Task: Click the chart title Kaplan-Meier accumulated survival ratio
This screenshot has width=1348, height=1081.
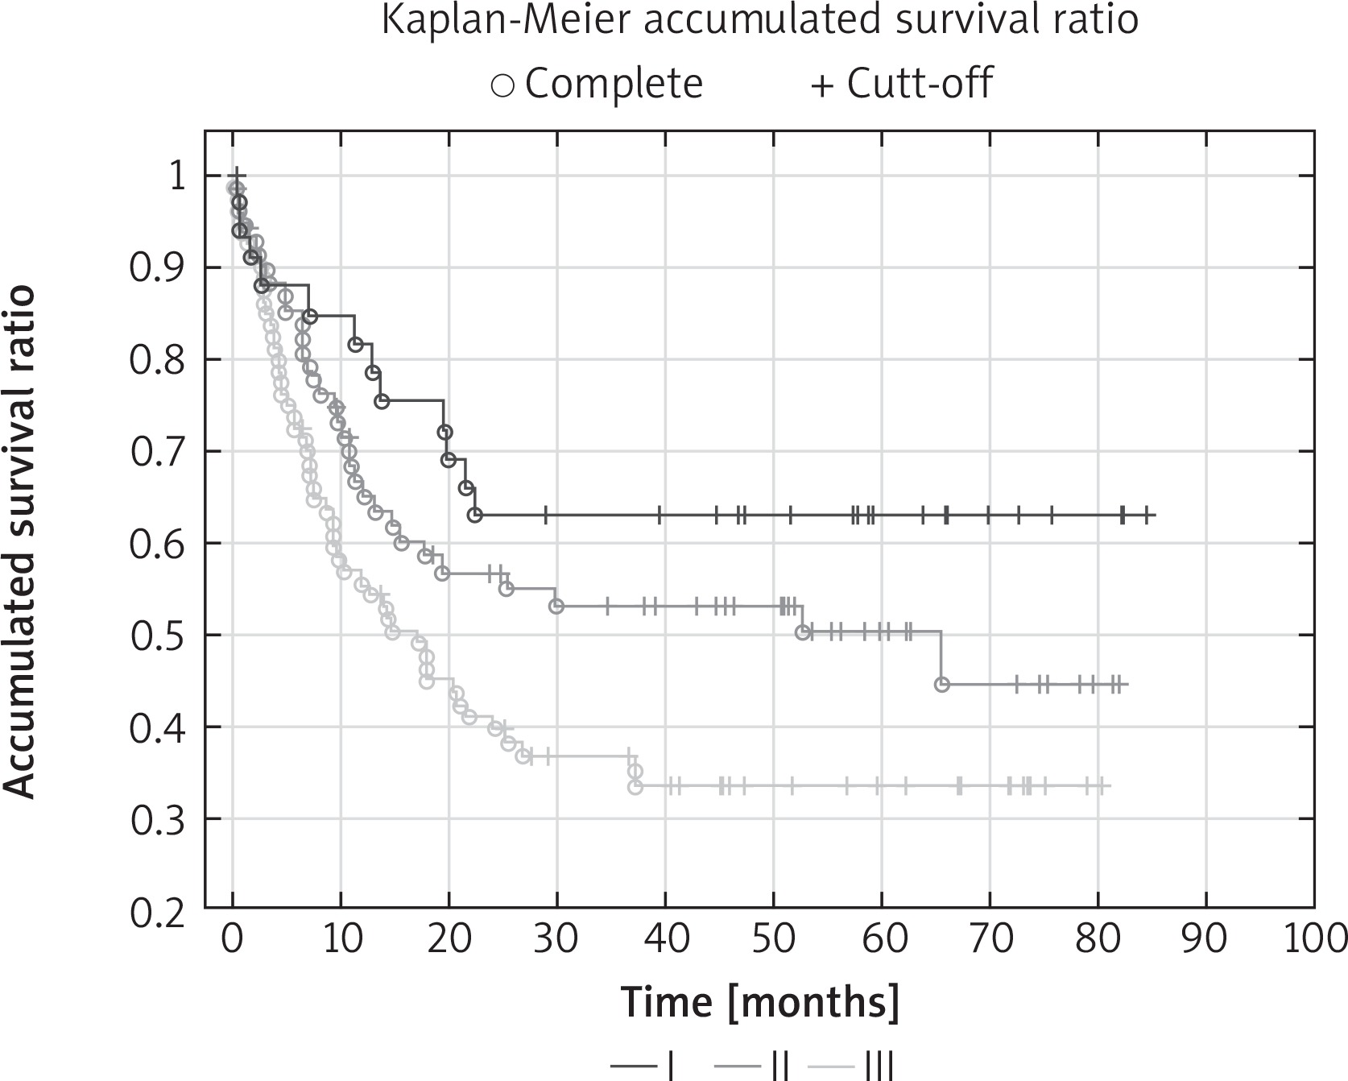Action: tap(759, 21)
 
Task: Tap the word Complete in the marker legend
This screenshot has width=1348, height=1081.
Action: tap(614, 83)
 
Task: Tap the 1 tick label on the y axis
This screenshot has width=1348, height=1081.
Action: tap(176, 176)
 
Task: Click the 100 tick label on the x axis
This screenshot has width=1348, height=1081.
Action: tap(1313, 940)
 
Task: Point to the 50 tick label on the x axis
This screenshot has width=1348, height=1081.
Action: tap(773, 940)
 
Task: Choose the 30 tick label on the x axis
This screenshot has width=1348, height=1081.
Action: tap(557, 940)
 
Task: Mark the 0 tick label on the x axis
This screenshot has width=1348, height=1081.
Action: tap(233, 940)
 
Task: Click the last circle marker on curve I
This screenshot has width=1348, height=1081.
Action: tap(475, 515)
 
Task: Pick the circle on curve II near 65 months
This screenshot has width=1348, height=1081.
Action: tap(942, 685)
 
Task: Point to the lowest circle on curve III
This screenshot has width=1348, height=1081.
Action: tap(635, 787)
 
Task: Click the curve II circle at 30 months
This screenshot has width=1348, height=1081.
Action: tap(556, 606)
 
